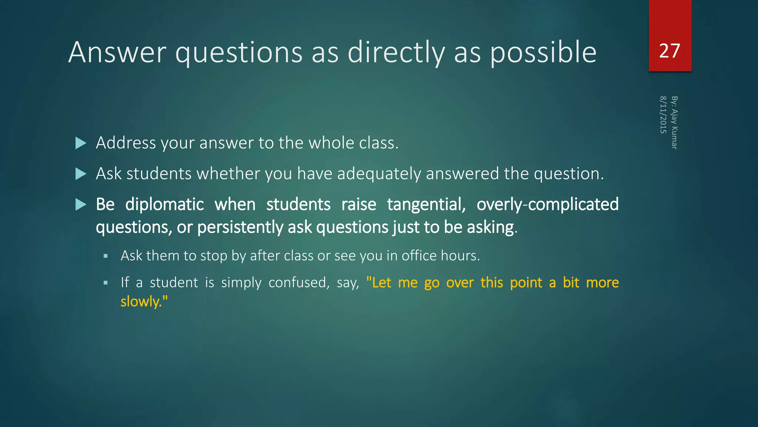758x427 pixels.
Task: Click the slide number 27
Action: point(670,51)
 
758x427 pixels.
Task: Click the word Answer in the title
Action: point(117,52)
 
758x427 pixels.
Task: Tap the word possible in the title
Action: point(543,53)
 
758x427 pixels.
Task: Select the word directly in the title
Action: point(396,53)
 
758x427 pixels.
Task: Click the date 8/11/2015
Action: point(663,115)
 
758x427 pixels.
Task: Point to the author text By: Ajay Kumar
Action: point(674,123)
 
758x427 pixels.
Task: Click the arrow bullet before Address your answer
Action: point(80,143)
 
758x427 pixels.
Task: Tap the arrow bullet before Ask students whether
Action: point(80,174)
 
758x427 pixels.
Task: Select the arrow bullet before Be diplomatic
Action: point(80,205)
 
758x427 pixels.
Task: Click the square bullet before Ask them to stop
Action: point(105,256)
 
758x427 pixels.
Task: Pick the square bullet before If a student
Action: point(105,283)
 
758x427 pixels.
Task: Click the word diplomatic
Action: point(164,205)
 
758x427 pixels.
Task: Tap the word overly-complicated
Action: point(547,205)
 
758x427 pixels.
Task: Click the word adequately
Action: point(379,174)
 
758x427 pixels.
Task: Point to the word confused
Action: point(299,283)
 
